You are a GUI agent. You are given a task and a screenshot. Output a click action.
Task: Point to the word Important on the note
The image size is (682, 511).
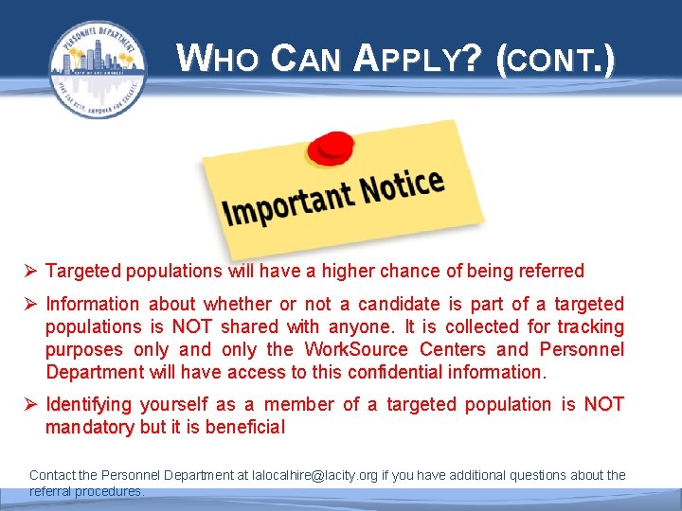pyautogui.click(x=281, y=203)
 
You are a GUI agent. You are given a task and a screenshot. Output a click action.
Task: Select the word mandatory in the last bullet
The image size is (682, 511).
pyautogui.click(x=90, y=427)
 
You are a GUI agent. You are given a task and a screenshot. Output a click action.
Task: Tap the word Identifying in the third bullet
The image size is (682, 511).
pyautogui.click(x=89, y=404)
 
